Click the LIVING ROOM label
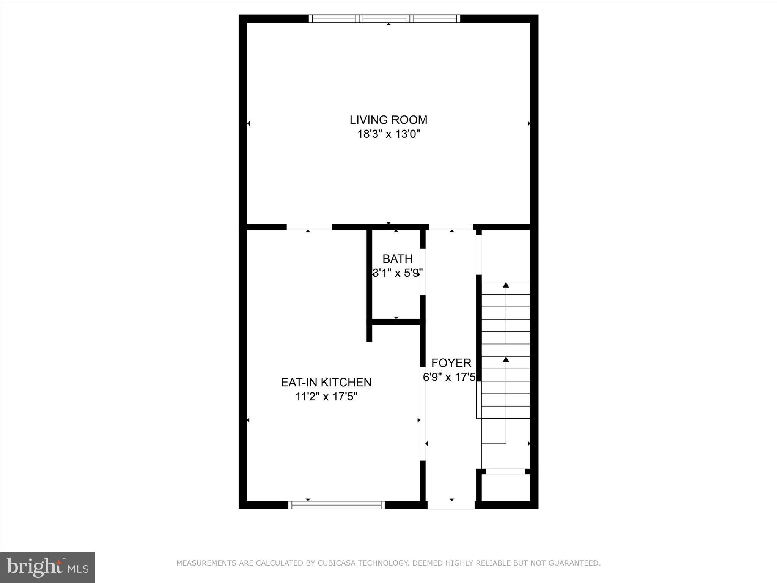click(x=388, y=120)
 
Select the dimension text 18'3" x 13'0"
click(x=388, y=134)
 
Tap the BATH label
click(x=397, y=259)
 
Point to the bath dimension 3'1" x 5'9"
click(x=397, y=273)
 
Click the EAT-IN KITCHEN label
click(x=326, y=382)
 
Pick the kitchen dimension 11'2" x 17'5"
click(x=326, y=397)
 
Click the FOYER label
click(x=451, y=363)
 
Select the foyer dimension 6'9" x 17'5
click(x=449, y=377)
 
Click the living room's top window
click(x=384, y=19)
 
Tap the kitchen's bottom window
click(x=336, y=505)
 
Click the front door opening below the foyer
click(x=451, y=505)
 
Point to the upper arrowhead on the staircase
click(x=506, y=285)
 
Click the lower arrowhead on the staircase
click(x=506, y=359)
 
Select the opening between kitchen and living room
click(x=309, y=227)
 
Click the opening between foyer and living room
click(x=451, y=227)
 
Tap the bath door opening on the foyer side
click(x=423, y=272)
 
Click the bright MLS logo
click(x=47, y=567)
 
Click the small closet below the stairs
click(x=506, y=488)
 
